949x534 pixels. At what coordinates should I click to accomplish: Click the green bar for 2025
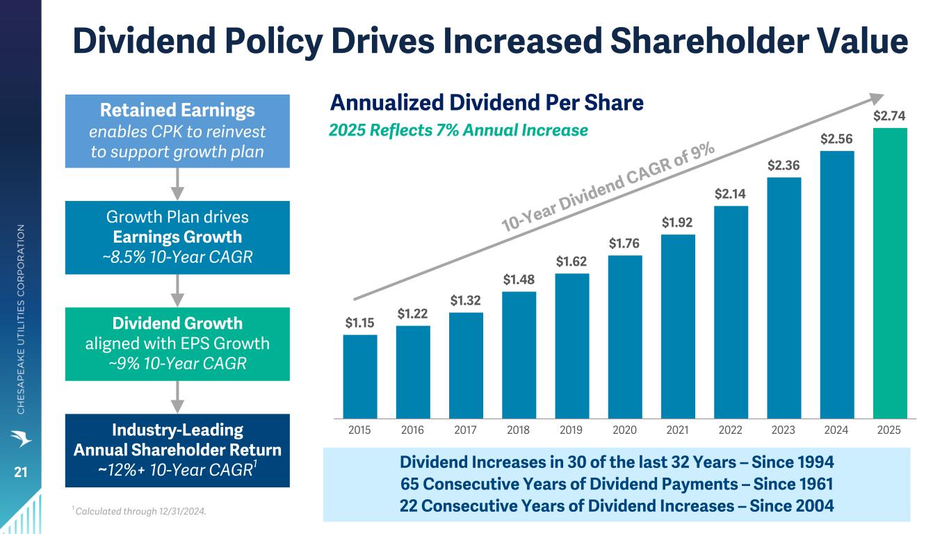pyautogui.click(x=890, y=273)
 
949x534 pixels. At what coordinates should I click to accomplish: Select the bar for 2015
pyautogui.click(x=360, y=376)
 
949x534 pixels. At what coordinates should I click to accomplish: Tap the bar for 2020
pyautogui.click(x=625, y=337)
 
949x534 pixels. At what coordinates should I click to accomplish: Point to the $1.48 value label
pyautogui.click(x=519, y=280)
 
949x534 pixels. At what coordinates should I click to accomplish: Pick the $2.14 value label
pyautogui.click(x=731, y=195)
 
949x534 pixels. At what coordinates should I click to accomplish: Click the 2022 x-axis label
pyautogui.click(x=731, y=430)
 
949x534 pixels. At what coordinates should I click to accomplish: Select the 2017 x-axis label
pyautogui.click(x=466, y=430)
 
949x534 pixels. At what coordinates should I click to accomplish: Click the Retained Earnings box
pyautogui.click(x=177, y=131)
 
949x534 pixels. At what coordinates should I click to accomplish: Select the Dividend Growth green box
pyautogui.click(x=177, y=343)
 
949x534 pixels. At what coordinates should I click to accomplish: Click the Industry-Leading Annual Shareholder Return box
pyautogui.click(x=177, y=450)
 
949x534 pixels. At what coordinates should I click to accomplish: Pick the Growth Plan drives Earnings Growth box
pyautogui.click(x=177, y=237)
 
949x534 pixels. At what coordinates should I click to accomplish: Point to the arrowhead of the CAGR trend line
pyautogui.click(x=880, y=99)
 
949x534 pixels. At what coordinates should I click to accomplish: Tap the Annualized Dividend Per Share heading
pyautogui.click(x=487, y=103)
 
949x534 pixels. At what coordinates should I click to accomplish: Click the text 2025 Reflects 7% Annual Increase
pyautogui.click(x=458, y=130)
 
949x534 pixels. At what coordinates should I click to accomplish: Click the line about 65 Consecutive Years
pyautogui.click(x=617, y=484)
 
